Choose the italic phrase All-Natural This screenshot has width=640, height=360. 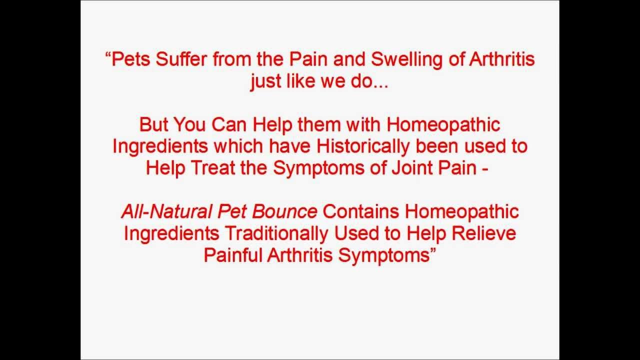[x=166, y=211]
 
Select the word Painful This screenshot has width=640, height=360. [x=233, y=254]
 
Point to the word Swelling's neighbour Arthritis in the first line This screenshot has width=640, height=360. [x=502, y=59]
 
